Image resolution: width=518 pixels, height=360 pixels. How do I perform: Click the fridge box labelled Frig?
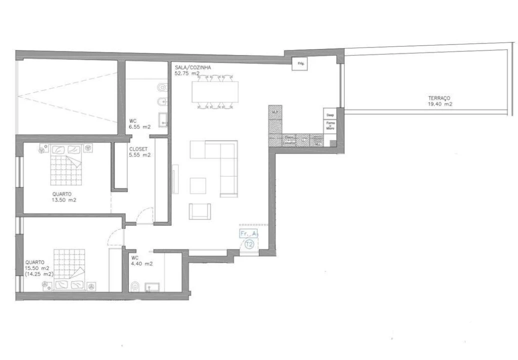tap(299, 64)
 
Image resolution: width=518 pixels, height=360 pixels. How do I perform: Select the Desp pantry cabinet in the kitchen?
tap(330, 115)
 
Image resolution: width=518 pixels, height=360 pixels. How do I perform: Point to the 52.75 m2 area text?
tap(187, 73)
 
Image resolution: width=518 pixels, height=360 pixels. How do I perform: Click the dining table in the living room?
tap(215, 91)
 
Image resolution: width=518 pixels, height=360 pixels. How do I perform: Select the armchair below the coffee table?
tap(199, 211)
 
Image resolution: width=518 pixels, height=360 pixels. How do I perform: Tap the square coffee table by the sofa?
tap(198, 185)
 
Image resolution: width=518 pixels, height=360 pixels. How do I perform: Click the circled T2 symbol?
tap(249, 244)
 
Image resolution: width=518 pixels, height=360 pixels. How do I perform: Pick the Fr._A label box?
tap(248, 233)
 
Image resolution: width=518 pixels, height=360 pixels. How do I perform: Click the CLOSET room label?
tap(137, 149)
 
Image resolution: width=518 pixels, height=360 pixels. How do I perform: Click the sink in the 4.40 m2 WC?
tap(152, 286)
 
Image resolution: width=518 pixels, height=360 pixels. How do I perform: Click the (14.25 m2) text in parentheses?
tap(39, 274)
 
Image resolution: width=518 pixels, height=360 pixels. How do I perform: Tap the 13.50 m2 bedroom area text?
tap(64, 200)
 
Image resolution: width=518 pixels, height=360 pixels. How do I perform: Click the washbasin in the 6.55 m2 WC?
tap(162, 119)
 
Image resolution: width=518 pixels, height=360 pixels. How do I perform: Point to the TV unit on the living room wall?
tap(174, 179)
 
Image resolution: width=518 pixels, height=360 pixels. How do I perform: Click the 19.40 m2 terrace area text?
tap(440, 104)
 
